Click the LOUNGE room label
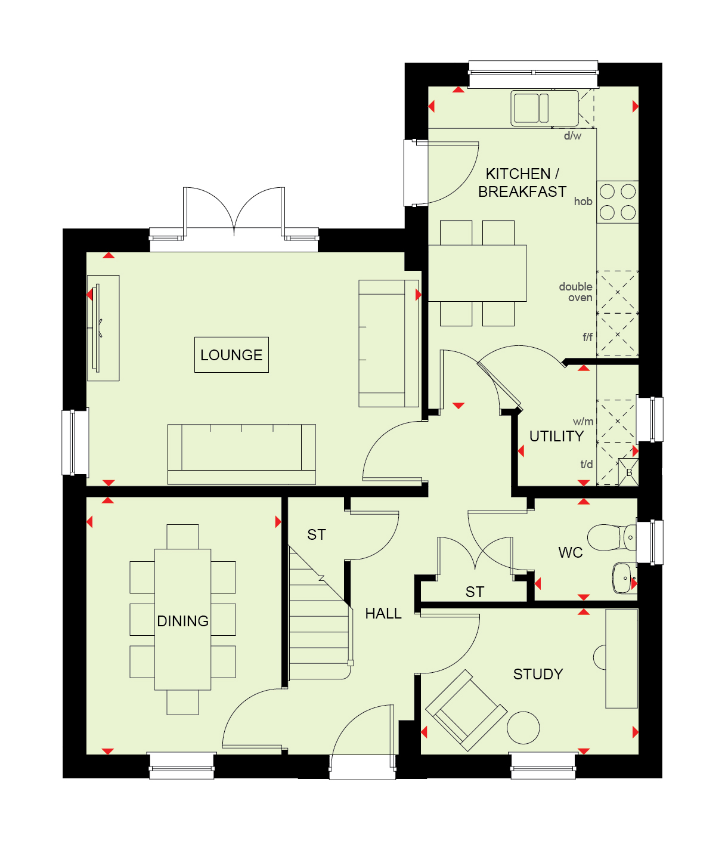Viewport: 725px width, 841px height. (231, 355)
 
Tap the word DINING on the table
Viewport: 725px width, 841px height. (182, 622)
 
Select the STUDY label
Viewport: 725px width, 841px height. (538, 674)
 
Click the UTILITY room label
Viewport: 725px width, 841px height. (556, 436)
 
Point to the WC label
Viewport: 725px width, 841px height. (571, 552)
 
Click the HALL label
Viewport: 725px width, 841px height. (383, 614)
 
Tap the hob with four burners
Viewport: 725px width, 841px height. (617, 202)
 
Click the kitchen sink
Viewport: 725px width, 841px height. (544, 108)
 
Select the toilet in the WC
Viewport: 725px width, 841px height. (612, 537)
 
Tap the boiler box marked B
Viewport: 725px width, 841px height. (628, 472)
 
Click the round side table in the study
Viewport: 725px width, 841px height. (523, 728)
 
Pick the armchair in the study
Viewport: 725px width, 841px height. (466, 710)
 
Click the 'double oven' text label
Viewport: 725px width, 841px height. (575, 292)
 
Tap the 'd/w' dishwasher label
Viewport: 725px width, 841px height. (572, 136)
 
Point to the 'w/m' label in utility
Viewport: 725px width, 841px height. (583, 422)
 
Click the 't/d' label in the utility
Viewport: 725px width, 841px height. (586, 464)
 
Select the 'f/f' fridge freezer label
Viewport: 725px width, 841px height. (587, 337)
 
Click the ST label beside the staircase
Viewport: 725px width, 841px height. (317, 534)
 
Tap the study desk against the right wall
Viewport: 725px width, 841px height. (621, 658)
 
